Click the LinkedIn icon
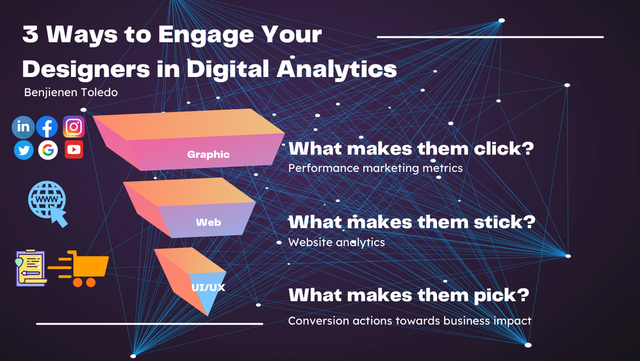23,127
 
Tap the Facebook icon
47,127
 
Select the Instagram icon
74,126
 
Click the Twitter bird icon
24,150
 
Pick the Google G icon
48,150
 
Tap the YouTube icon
74,149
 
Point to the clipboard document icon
30,268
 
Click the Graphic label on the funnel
208,155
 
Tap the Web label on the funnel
208,222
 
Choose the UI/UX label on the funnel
208,287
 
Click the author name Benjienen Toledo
71,92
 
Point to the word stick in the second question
504,222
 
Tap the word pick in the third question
502,295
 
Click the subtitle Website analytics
336,242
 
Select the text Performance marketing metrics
375,168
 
